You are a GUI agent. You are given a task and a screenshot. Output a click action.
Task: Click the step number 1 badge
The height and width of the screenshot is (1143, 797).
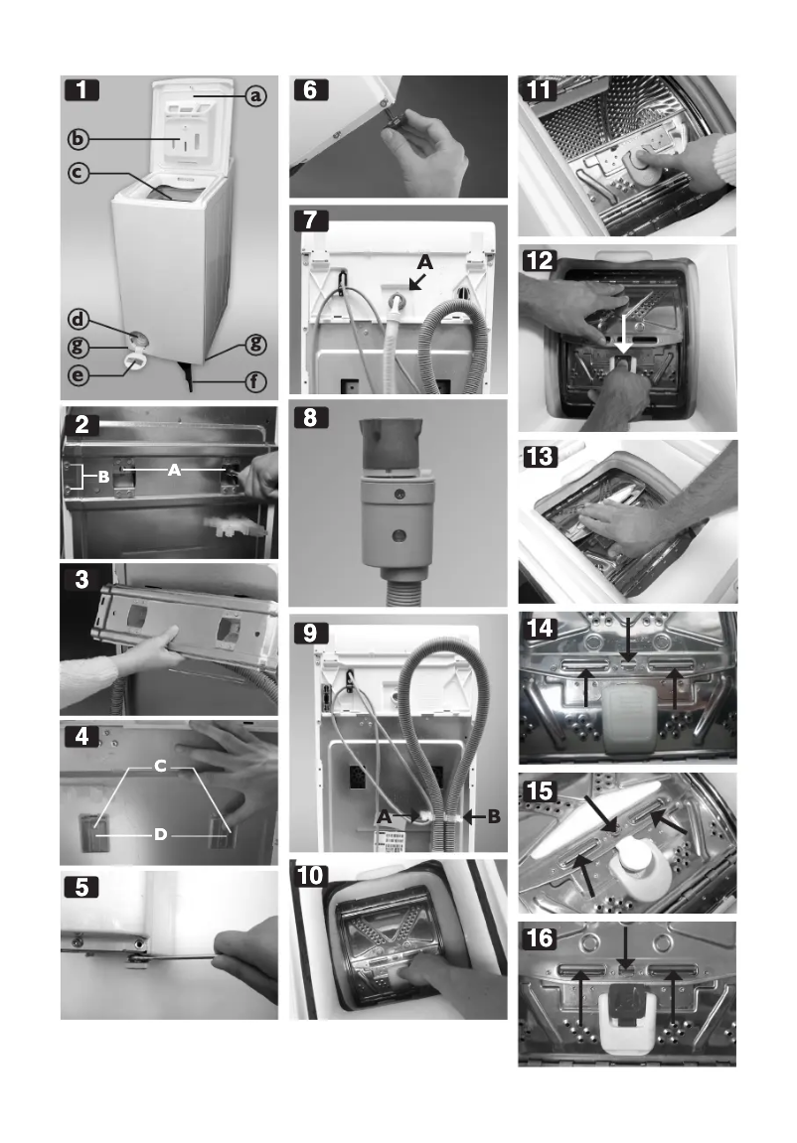pos(81,91)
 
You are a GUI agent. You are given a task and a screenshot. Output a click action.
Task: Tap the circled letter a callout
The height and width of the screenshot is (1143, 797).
pos(255,96)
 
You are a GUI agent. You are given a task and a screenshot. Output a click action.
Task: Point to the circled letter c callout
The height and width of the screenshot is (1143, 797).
pos(80,172)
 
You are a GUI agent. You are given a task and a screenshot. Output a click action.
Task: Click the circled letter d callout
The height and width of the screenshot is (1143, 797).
pos(80,320)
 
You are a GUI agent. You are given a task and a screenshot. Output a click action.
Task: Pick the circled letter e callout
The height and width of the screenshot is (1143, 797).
pos(80,377)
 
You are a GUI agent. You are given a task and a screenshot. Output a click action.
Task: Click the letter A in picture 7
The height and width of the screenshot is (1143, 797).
pos(424,262)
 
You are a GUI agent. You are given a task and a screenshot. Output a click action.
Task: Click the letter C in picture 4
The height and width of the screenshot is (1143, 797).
pos(159,767)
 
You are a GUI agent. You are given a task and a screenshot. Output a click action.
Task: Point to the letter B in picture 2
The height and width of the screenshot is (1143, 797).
pos(102,476)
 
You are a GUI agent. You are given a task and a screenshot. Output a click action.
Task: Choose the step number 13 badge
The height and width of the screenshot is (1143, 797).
pos(541,456)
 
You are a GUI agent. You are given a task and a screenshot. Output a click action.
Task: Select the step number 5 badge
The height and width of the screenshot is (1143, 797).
pos(81,888)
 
